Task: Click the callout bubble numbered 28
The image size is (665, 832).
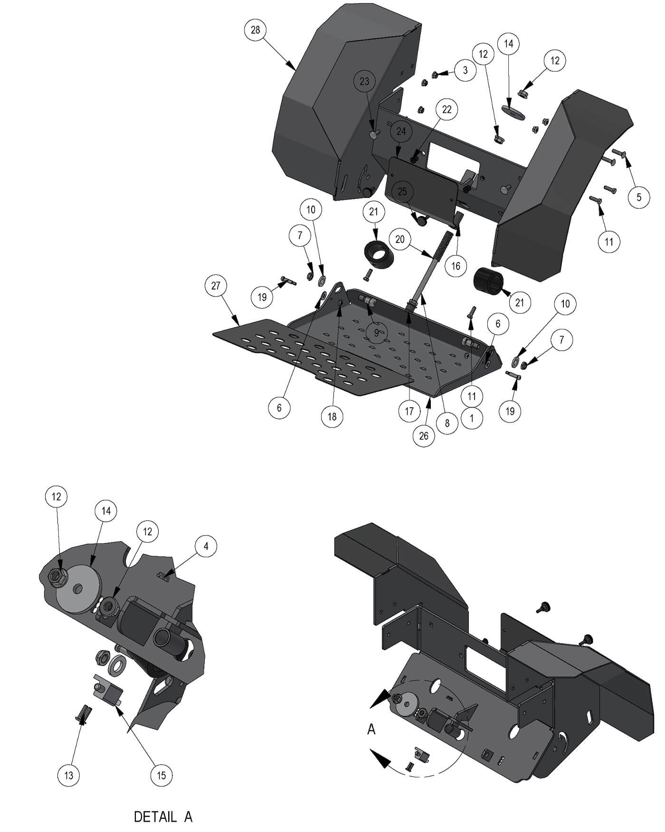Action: (x=256, y=30)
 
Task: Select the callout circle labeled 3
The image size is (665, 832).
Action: (x=465, y=70)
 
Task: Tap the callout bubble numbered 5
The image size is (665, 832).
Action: (x=639, y=197)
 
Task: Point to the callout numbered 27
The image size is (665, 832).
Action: (x=216, y=286)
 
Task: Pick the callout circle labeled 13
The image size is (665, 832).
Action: (x=69, y=776)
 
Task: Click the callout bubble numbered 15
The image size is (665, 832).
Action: (x=161, y=776)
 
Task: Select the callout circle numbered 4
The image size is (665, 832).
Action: (x=206, y=546)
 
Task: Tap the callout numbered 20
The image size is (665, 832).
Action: (x=400, y=239)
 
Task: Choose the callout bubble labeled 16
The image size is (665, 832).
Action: (x=456, y=266)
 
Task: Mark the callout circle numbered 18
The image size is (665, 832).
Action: (x=332, y=416)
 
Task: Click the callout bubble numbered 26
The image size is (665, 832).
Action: (x=424, y=436)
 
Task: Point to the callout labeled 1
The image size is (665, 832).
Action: (x=472, y=419)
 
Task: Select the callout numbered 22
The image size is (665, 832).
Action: (x=447, y=109)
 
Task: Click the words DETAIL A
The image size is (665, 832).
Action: (x=163, y=817)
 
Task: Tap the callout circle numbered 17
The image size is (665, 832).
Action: (x=409, y=411)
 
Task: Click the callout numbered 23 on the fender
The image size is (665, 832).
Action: (x=364, y=81)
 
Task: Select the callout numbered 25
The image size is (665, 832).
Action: (x=402, y=192)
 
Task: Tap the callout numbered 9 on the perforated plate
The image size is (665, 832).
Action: (x=377, y=333)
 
